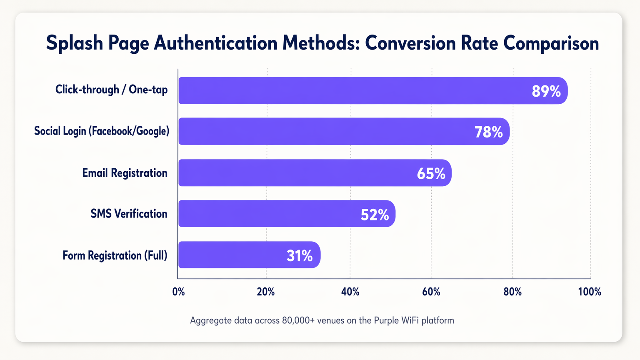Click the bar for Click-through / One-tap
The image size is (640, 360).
pyautogui.click(x=354, y=90)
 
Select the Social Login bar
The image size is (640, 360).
pyautogui.click(x=325, y=131)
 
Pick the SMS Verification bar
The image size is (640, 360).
pyautogui.click(x=267, y=214)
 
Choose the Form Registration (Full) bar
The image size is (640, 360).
pyautogui.click(x=229, y=255)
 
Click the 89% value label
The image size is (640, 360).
pyautogui.click(x=546, y=91)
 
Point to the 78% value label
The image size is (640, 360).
pyautogui.click(x=488, y=132)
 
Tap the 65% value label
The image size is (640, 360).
pyautogui.click(x=431, y=173)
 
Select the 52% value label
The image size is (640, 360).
pyautogui.click(x=375, y=215)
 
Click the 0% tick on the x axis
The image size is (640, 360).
pyautogui.click(x=178, y=292)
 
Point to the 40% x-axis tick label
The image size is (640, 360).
pyautogui.click(x=350, y=292)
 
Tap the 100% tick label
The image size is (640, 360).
pyautogui.click(x=590, y=292)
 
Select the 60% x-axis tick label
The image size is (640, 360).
pyautogui.click(x=431, y=292)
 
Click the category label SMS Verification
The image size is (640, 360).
pyautogui.click(x=129, y=214)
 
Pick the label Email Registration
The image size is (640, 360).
pyautogui.click(x=125, y=173)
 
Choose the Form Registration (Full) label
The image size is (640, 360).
pyautogui.click(x=115, y=255)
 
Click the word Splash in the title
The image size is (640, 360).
pyautogui.click(x=74, y=43)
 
